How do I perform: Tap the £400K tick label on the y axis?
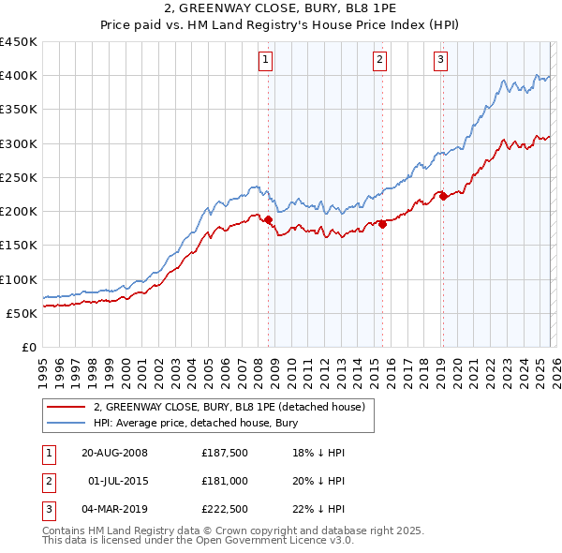pos(19,76)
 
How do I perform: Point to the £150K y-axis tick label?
pos(19,246)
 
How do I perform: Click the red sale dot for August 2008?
pos(268,220)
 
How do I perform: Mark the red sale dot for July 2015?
pos(382,224)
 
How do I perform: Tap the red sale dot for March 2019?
pos(443,196)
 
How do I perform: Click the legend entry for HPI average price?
pos(195,424)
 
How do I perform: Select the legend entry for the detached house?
pos(234,407)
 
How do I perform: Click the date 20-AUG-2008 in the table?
pos(114,453)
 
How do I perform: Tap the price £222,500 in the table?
pos(224,510)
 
